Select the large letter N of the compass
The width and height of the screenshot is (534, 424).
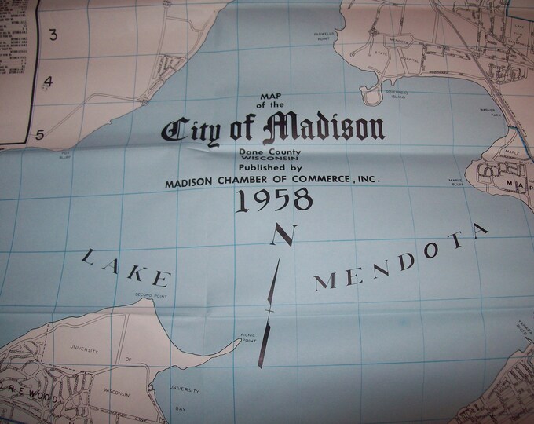click(x=282, y=236)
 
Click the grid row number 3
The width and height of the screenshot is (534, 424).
click(x=54, y=34)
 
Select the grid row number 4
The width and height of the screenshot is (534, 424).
click(x=48, y=82)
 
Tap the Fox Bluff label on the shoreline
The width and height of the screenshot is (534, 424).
click(x=65, y=155)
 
